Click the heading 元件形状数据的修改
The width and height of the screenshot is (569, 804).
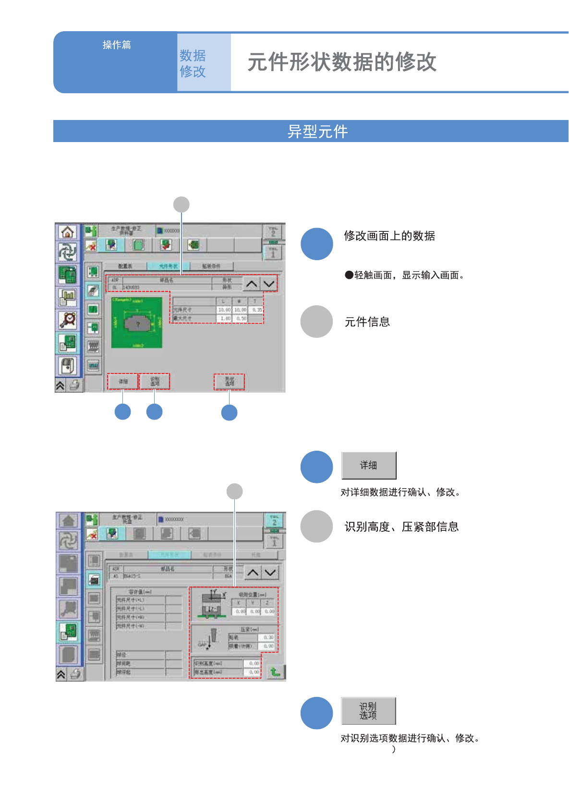(341, 62)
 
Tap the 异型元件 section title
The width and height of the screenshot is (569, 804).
(317, 132)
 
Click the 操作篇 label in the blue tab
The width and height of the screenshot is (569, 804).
(117, 45)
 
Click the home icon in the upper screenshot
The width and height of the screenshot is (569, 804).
(68, 232)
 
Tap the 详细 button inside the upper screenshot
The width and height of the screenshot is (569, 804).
(123, 382)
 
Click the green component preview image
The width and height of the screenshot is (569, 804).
(137, 323)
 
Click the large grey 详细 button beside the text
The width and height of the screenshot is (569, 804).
(369, 465)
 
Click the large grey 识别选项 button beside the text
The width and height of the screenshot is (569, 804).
(368, 711)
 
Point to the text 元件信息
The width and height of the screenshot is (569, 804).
(367, 322)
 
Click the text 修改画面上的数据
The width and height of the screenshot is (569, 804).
(389, 236)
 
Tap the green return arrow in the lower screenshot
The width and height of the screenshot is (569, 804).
(275, 672)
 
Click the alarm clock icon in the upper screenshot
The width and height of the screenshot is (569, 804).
(68, 320)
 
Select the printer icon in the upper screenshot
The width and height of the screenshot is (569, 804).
(74, 385)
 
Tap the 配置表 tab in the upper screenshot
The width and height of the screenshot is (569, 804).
(125, 266)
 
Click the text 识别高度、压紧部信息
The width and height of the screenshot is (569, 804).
(401, 527)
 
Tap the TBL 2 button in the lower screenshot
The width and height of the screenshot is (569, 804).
(274, 520)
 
